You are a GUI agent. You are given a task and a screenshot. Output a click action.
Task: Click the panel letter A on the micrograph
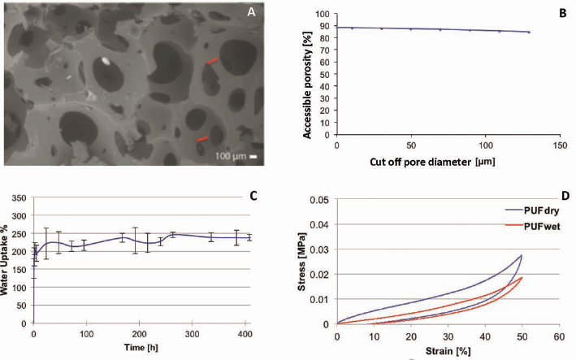(251, 12)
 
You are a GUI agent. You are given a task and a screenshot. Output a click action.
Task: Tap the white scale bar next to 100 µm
(253, 157)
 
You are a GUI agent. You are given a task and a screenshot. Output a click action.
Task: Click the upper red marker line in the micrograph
(212, 61)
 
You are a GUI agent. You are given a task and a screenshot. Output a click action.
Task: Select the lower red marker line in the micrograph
(202, 139)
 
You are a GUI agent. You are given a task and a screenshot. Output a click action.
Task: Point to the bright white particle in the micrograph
(106, 61)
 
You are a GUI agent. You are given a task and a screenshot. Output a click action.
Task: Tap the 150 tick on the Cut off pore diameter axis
(560, 145)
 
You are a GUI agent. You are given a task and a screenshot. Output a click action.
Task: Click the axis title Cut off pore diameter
(420, 162)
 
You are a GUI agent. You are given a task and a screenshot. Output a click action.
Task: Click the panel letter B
(563, 13)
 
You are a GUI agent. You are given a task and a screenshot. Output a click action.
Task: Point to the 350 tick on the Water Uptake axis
(19, 198)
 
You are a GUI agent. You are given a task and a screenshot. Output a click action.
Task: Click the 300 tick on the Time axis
(192, 334)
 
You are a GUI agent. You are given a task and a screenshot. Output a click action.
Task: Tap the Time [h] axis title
(141, 347)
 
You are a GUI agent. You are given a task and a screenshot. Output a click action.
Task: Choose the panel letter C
(253, 196)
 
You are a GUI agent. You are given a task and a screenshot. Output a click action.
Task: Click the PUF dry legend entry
(533, 210)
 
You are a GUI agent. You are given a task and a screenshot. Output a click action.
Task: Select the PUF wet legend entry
(533, 226)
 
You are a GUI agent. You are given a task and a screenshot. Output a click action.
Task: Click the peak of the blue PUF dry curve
(521, 255)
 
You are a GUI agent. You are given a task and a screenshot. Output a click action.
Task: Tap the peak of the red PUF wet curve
(522, 278)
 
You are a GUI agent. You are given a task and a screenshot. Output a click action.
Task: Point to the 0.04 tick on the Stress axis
(319, 224)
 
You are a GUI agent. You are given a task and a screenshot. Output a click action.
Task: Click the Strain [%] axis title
(448, 351)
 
